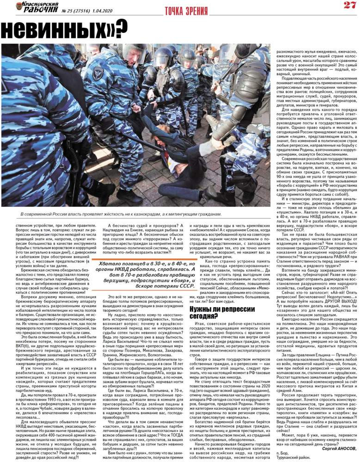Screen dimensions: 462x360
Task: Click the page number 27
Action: (348, 6)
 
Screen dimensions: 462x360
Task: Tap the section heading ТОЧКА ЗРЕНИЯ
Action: (180, 11)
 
